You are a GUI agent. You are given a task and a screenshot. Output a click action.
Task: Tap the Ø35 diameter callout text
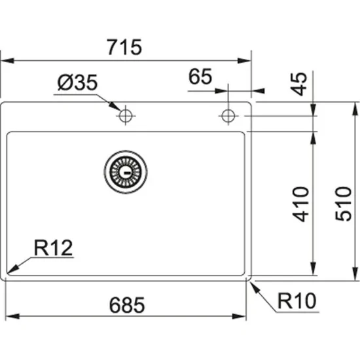(77, 82)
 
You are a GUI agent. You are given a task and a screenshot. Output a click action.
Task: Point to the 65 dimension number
(200, 77)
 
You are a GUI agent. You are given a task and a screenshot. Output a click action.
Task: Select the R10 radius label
(296, 301)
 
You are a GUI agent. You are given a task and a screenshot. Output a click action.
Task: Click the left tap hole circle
(125, 117)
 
